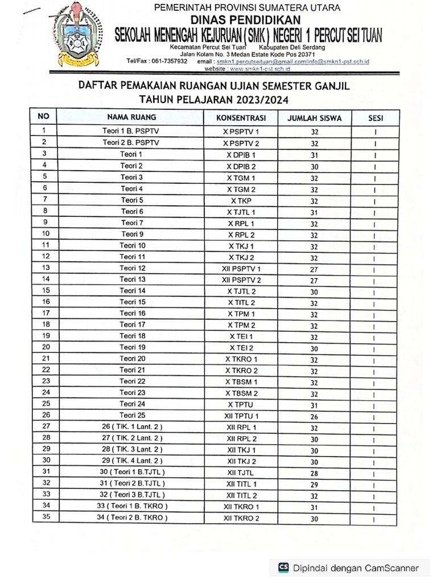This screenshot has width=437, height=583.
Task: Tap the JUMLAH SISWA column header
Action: (314, 118)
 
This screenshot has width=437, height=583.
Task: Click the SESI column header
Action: (376, 118)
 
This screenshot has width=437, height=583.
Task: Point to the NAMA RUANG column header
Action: (131, 117)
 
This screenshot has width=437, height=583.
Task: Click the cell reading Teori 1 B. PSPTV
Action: (131, 132)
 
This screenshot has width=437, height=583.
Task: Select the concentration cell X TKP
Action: (241, 200)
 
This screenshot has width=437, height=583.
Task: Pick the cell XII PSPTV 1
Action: (241, 268)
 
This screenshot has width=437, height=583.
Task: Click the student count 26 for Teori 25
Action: (314, 416)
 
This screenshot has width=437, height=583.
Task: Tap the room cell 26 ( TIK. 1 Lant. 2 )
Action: (131, 426)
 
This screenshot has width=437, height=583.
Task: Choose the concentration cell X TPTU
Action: (241, 405)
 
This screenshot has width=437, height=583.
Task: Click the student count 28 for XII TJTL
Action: (314, 473)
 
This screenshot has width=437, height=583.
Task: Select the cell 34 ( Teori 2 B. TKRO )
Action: (131, 517)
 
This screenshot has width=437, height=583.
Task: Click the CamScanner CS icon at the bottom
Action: (283, 567)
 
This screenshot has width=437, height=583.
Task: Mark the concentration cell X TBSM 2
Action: (241, 393)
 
